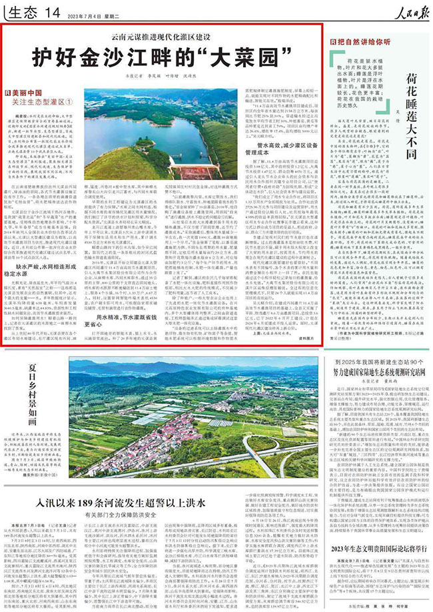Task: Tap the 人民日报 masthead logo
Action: click(403, 10)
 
